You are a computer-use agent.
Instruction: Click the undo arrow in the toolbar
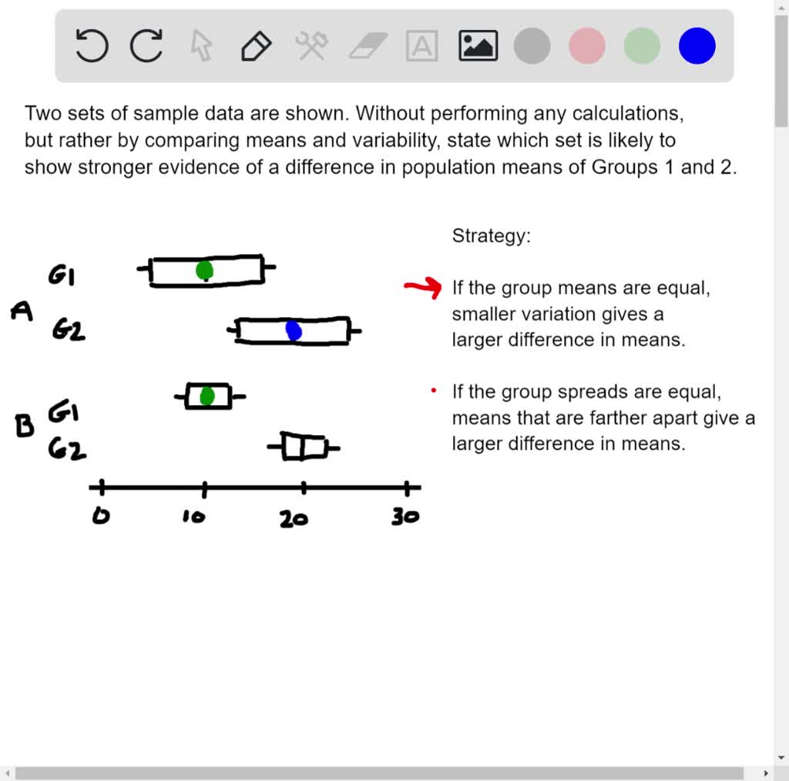(x=92, y=45)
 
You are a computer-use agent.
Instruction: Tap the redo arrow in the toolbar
(x=146, y=45)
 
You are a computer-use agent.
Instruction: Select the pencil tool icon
(x=256, y=46)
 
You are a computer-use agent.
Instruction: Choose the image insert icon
(x=478, y=46)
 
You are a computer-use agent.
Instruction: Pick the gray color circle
(x=532, y=46)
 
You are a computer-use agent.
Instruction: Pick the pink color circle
(x=587, y=46)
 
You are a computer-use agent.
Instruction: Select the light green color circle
(x=642, y=46)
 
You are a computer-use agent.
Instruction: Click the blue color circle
(x=697, y=46)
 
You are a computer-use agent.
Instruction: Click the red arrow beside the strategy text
(x=423, y=288)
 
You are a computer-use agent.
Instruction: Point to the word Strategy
(x=491, y=236)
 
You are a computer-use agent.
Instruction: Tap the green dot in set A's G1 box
(x=204, y=270)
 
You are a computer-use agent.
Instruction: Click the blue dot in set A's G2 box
(x=294, y=330)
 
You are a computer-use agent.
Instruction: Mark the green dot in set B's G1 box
(x=206, y=396)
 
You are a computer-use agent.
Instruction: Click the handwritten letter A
(x=22, y=311)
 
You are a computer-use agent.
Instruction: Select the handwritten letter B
(x=25, y=425)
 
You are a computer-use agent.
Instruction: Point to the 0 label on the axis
(x=100, y=516)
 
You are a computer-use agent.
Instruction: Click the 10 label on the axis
(x=194, y=517)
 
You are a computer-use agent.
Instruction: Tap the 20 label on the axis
(x=294, y=518)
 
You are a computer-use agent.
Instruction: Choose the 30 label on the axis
(x=405, y=516)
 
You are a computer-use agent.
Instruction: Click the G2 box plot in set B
(x=304, y=447)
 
